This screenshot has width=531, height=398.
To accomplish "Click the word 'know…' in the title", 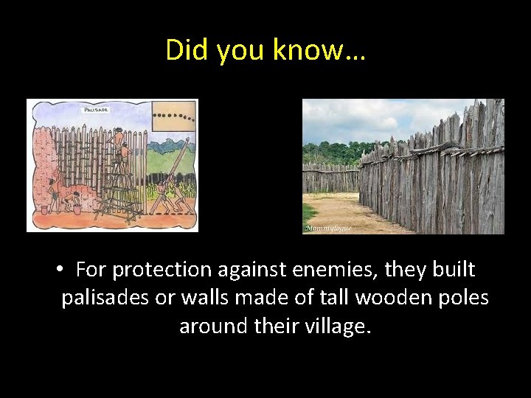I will coord(319,50).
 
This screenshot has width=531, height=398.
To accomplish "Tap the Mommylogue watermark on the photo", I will coord(328,228).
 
